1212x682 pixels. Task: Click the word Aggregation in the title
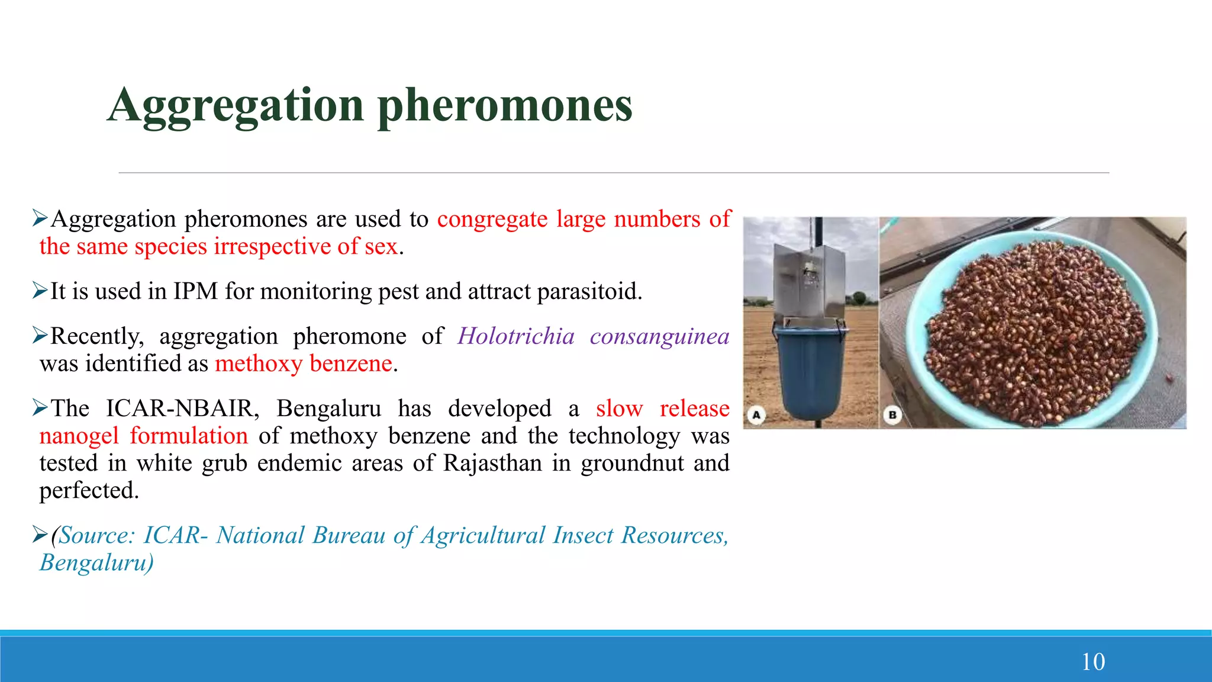236,105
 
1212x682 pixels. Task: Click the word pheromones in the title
505,105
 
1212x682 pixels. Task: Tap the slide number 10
1092,661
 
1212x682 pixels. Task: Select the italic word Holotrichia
515,336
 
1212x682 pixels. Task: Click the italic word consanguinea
659,336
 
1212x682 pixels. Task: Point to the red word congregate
492,219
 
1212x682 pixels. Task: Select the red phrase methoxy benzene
303,363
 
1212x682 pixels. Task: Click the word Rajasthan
492,463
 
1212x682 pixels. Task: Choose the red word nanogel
79,436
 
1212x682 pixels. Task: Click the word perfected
89,490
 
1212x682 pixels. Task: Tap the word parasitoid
589,291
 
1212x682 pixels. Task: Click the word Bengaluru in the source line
96,562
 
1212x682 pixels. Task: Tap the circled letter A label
756,415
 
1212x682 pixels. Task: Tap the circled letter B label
892,415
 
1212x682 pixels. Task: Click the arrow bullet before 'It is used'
40,291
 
